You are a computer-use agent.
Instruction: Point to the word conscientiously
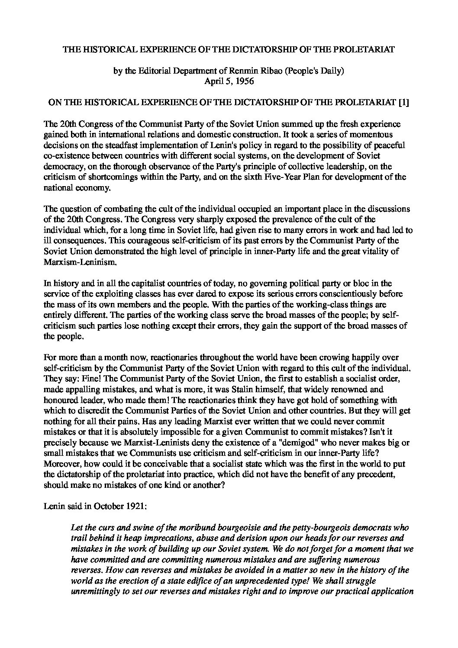click(x=355, y=294)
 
